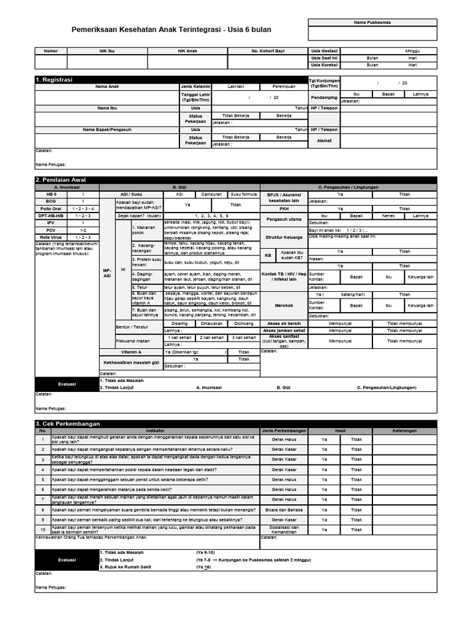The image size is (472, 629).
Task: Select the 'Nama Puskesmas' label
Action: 372,22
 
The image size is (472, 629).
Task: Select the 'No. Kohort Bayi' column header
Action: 269,51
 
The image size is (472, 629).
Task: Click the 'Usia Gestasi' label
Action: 324,51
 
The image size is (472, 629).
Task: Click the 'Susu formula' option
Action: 243,193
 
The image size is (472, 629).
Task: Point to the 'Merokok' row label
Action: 284,305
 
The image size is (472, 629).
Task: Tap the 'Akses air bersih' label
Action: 284,322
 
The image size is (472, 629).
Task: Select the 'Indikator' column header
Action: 155,431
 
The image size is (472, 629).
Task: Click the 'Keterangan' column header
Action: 405,431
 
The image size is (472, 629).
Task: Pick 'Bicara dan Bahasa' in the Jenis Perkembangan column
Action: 284,509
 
